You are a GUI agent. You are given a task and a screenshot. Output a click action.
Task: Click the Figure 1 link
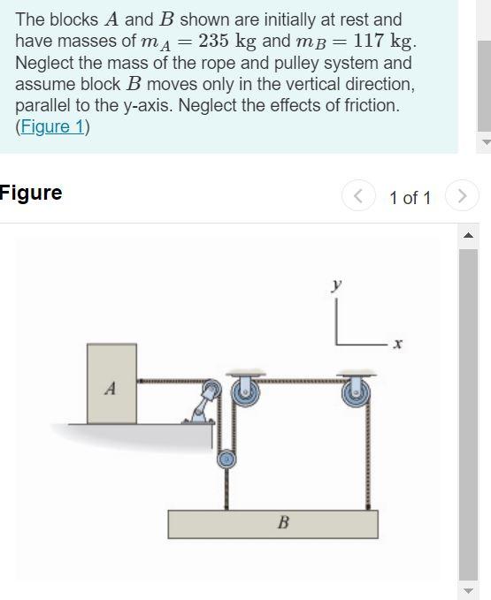54,126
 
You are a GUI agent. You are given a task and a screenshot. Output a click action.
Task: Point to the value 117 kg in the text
382,41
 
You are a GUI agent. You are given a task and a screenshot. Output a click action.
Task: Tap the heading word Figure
31,193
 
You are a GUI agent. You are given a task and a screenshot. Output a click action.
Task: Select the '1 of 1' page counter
410,197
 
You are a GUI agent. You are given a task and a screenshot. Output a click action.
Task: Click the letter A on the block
110,387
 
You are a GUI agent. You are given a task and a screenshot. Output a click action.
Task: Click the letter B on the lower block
283,523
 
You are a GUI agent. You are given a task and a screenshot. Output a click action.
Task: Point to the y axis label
336,285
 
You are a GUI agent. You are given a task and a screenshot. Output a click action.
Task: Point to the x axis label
398,346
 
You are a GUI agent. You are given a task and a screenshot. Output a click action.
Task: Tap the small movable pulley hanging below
227,459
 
